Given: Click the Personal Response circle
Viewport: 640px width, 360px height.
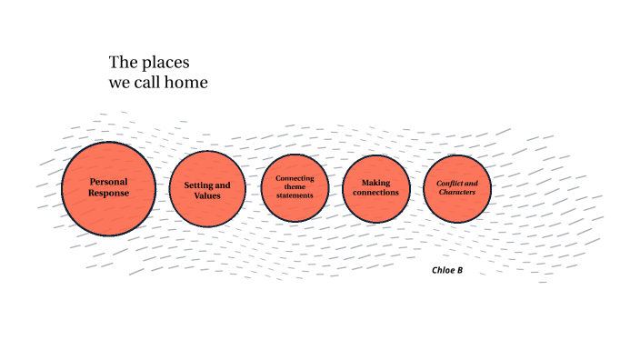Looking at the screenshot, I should pyautogui.click(x=108, y=188).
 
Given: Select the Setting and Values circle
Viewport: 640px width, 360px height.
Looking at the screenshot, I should pyautogui.click(x=207, y=189).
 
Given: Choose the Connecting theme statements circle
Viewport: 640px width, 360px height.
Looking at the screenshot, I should pyautogui.click(x=295, y=188).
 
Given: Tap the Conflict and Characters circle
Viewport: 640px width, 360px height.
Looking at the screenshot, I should pyautogui.click(x=457, y=188).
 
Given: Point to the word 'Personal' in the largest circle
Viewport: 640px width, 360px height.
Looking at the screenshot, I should pyautogui.click(x=108, y=182).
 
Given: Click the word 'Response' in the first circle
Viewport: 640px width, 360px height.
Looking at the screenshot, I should pyautogui.click(x=108, y=193).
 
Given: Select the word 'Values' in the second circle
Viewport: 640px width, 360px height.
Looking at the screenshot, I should pyautogui.click(x=207, y=195).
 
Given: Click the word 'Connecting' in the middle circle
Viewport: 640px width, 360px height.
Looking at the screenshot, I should pyautogui.click(x=295, y=178).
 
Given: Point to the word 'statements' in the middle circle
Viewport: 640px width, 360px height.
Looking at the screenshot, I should pyautogui.click(x=295, y=196).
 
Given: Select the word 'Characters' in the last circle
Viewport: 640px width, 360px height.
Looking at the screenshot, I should pyautogui.click(x=457, y=193).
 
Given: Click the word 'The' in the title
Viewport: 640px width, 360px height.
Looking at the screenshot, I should pyautogui.click(x=122, y=63).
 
